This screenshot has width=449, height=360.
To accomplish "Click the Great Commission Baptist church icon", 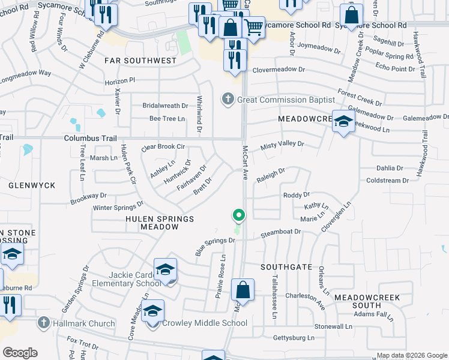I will click(x=228, y=98).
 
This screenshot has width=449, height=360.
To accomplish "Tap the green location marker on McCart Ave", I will click(x=239, y=215).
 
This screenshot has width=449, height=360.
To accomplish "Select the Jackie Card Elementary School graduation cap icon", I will click(x=166, y=270).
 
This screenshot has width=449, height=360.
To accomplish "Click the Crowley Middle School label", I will click(x=205, y=323).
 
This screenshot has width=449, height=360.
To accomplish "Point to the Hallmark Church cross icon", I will click(x=43, y=323).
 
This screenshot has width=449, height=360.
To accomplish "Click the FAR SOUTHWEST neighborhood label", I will click(x=140, y=61).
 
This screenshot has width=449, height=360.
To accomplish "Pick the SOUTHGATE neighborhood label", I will click(x=286, y=266).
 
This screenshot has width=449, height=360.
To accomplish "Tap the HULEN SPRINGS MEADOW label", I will click(x=160, y=223).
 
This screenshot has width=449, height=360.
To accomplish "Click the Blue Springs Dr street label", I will click(x=215, y=245).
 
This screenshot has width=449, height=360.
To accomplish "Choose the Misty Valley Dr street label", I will click(x=282, y=145).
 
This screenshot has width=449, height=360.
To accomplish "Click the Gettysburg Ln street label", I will click(x=294, y=338).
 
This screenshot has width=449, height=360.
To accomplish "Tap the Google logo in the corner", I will click(x=20, y=353).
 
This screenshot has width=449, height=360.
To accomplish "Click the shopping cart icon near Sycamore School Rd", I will click(x=253, y=26).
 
